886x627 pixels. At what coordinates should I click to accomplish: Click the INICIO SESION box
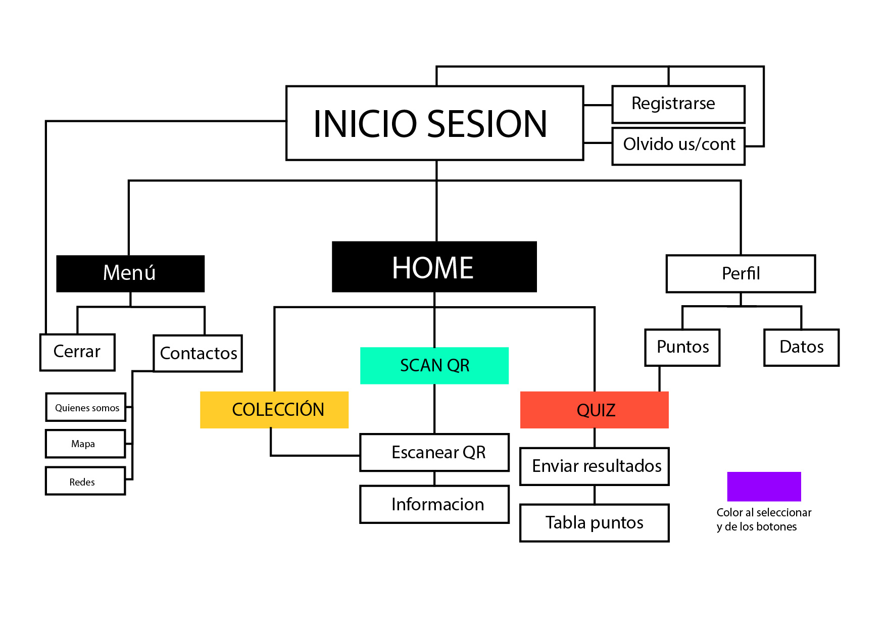coord(434,123)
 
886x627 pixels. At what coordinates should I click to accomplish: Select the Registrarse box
coord(678,104)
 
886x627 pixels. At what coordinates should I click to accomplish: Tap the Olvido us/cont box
coord(678,146)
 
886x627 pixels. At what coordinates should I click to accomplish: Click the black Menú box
coord(130,273)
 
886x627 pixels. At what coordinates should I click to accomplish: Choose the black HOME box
coord(434,267)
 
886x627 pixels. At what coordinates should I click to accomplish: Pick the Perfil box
coord(740,273)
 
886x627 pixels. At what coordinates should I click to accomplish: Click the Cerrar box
coord(77,352)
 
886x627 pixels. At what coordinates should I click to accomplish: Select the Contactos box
coord(198,353)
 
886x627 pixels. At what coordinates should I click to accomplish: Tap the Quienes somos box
coord(86,407)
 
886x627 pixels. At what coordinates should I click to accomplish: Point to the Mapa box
coord(85,444)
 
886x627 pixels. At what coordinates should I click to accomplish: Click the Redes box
coord(85,481)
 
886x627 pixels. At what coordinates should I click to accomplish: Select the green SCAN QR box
coord(434,365)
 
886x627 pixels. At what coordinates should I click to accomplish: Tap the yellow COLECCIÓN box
coord(274,410)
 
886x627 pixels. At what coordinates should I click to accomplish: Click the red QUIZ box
coord(594,410)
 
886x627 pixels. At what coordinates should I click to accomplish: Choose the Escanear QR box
coord(434,452)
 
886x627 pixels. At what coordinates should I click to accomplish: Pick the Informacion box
coord(434,504)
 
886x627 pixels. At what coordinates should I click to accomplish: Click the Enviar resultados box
coord(594,466)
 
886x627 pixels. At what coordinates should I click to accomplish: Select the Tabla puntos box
coord(594,522)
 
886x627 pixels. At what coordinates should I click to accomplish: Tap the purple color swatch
coord(763,486)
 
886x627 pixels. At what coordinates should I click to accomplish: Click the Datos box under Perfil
coord(801,348)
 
